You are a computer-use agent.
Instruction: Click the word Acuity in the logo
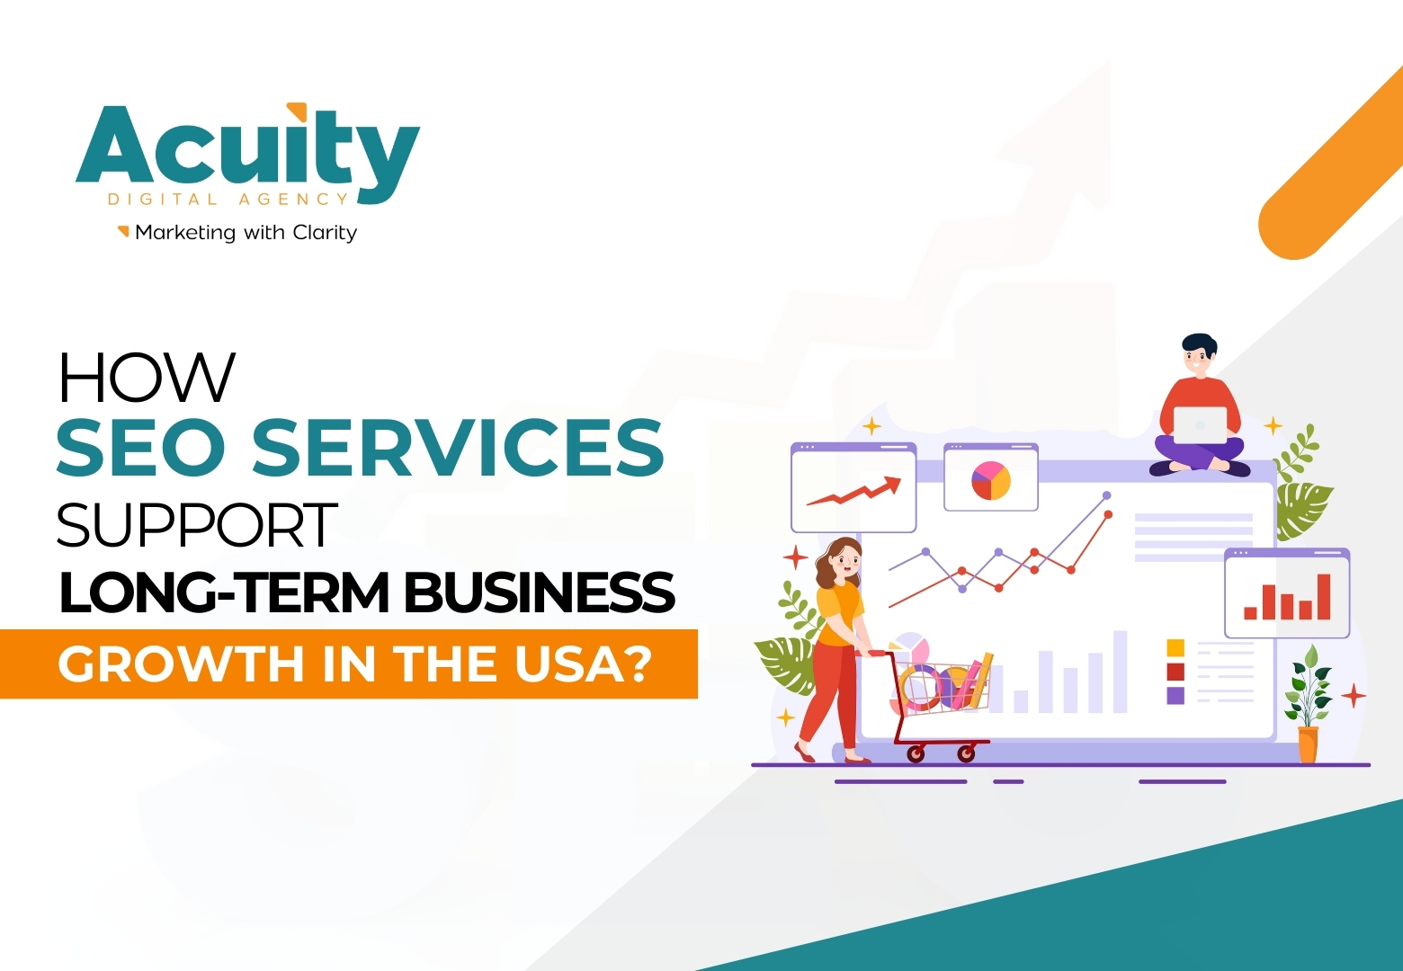(x=247, y=149)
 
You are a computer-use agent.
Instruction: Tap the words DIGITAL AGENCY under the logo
(x=228, y=200)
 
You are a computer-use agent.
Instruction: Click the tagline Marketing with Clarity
(x=246, y=233)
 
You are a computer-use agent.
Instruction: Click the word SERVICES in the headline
(x=458, y=447)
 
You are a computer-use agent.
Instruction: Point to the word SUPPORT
(x=197, y=525)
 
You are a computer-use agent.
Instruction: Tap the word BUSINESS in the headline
(x=539, y=592)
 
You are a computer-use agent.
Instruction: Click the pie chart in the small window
(x=990, y=481)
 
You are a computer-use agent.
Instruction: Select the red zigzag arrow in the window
(x=853, y=493)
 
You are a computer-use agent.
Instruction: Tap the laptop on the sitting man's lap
(x=1200, y=424)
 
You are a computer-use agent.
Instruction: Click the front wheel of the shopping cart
(x=967, y=753)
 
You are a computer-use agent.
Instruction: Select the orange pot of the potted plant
(x=1308, y=744)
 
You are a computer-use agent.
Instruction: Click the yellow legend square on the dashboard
(x=1175, y=648)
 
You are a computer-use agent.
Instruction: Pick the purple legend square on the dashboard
(x=1175, y=695)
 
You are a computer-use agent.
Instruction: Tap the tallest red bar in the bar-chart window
(x=1323, y=597)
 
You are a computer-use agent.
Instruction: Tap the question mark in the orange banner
(x=636, y=664)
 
